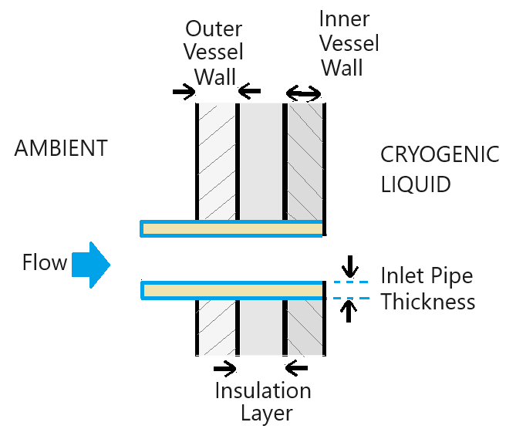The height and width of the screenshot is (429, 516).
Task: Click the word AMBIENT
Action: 61,148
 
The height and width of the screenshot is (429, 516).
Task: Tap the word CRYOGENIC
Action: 440,155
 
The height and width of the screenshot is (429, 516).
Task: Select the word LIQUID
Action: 415,186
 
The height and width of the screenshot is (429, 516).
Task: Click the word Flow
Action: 45,263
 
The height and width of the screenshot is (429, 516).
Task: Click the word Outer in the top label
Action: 214,29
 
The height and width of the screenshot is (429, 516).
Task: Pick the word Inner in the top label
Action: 345,19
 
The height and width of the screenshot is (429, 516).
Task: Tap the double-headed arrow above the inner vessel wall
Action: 304,94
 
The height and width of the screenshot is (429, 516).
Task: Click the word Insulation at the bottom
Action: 262,390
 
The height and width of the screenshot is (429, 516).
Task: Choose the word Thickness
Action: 428,301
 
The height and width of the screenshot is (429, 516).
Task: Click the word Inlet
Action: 400,275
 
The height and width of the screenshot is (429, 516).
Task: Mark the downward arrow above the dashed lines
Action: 350,267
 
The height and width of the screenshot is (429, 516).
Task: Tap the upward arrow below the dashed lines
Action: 350,310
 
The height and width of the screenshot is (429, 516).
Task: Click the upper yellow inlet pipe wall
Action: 231,228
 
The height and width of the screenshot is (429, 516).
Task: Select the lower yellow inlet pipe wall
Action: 231,290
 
